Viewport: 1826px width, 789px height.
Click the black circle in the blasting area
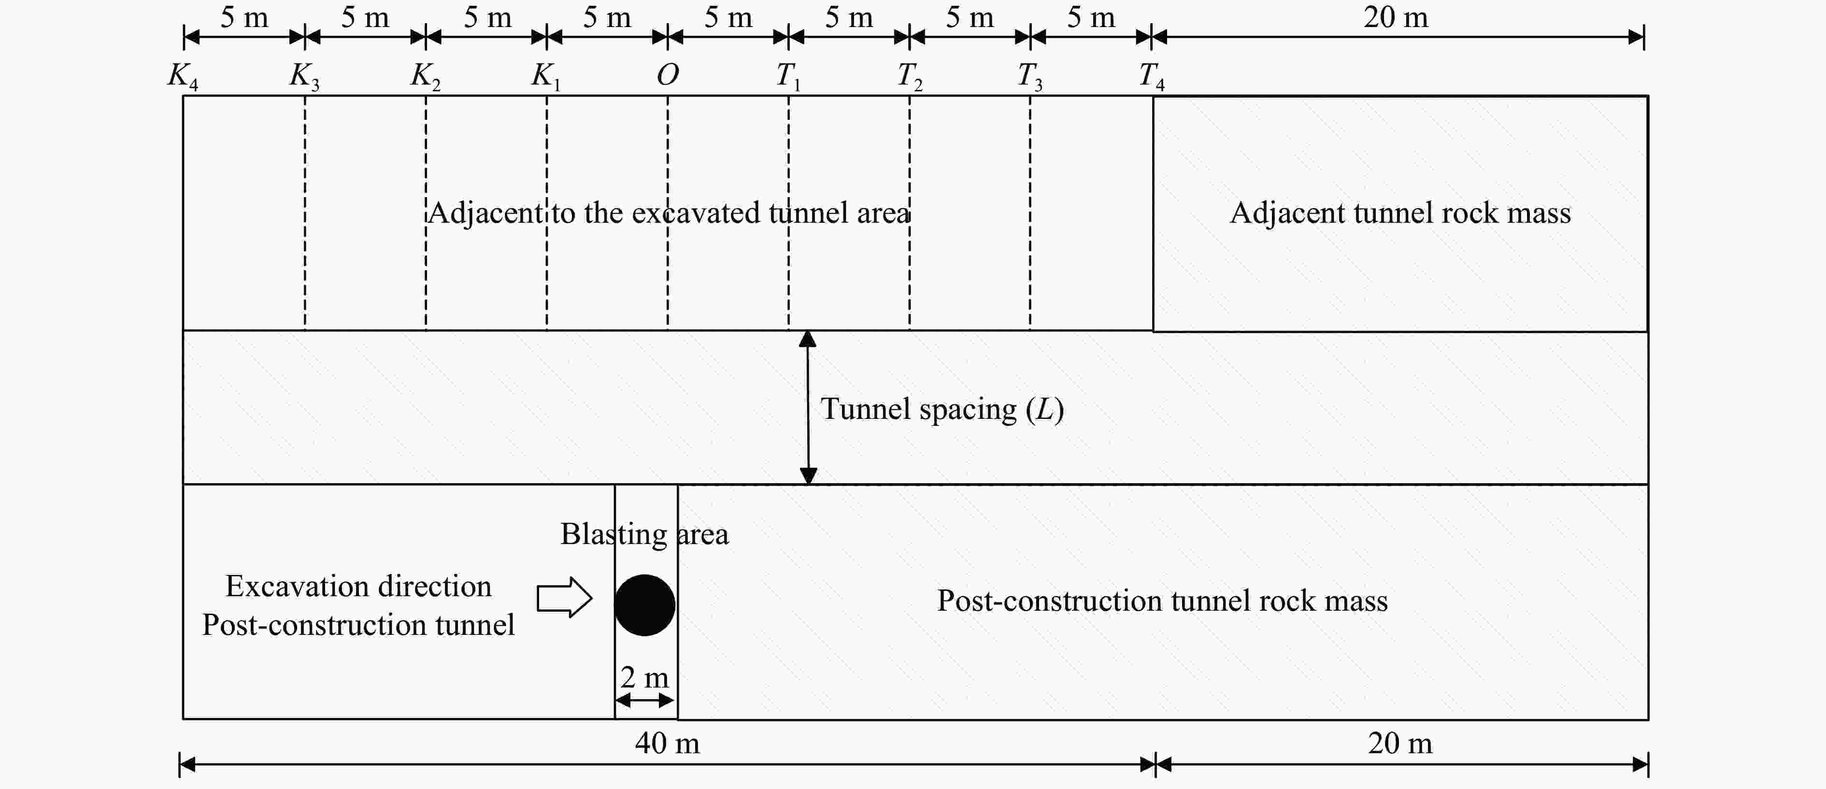click(x=644, y=605)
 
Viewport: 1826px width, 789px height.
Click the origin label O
click(x=668, y=74)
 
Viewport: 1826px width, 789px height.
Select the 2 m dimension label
click(x=644, y=678)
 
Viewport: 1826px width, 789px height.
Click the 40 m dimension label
click(x=667, y=743)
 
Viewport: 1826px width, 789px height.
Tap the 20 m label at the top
click(x=1396, y=17)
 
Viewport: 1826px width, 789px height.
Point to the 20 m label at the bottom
click(x=1400, y=743)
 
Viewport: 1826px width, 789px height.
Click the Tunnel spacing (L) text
click(x=942, y=409)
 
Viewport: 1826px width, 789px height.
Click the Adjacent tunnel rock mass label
click(x=1400, y=213)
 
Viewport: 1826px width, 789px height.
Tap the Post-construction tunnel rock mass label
click(x=1162, y=601)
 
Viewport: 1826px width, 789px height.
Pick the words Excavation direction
click(x=358, y=586)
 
